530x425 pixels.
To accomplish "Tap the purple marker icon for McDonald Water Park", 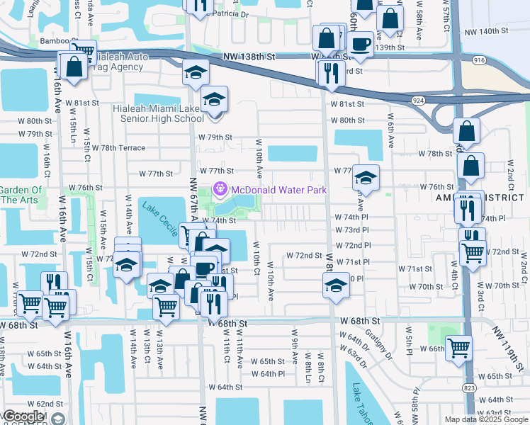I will tap(220, 189).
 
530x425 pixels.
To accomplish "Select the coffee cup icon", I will tap(361, 43).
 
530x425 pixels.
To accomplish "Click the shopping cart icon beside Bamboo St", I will tap(84, 50).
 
